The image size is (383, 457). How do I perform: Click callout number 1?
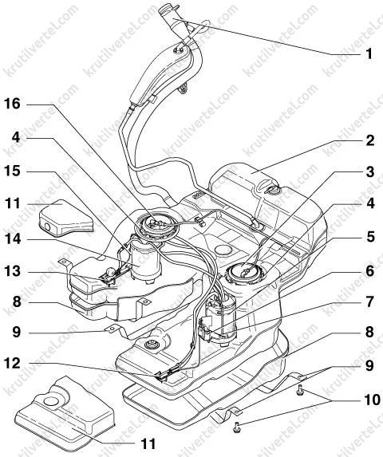(x=369, y=54)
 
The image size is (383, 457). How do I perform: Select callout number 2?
(x=369, y=140)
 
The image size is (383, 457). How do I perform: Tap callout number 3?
(x=370, y=172)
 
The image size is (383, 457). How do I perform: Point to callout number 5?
(x=370, y=237)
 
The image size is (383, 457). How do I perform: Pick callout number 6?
(x=370, y=271)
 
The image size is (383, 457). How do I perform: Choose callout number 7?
(x=370, y=301)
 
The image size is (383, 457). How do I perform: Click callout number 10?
(x=372, y=400)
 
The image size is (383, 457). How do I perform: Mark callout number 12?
(x=12, y=364)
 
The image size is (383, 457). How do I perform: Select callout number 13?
(x=12, y=271)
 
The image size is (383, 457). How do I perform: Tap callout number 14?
(x=12, y=239)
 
